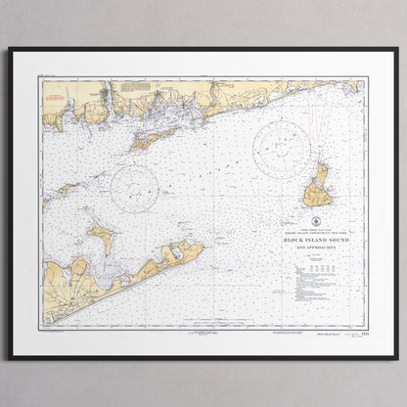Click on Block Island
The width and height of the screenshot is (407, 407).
(x=317, y=190)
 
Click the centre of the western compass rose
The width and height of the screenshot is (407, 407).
(x=134, y=188)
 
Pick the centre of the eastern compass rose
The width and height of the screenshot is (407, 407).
(x=282, y=148)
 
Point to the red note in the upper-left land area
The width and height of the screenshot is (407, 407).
(x=56, y=98)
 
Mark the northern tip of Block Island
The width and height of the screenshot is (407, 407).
(x=320, y=165)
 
